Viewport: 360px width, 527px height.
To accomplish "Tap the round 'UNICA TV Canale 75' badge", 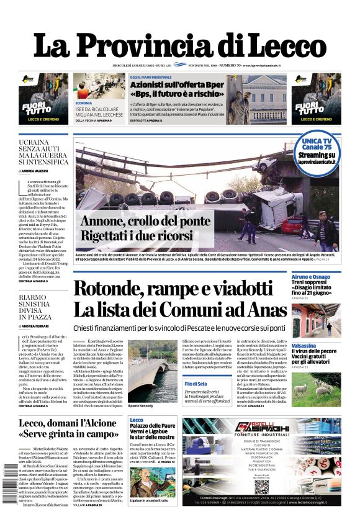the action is point(317,151).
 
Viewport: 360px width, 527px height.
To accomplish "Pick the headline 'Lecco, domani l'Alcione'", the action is point(68,428).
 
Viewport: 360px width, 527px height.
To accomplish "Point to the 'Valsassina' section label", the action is point(305,345).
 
